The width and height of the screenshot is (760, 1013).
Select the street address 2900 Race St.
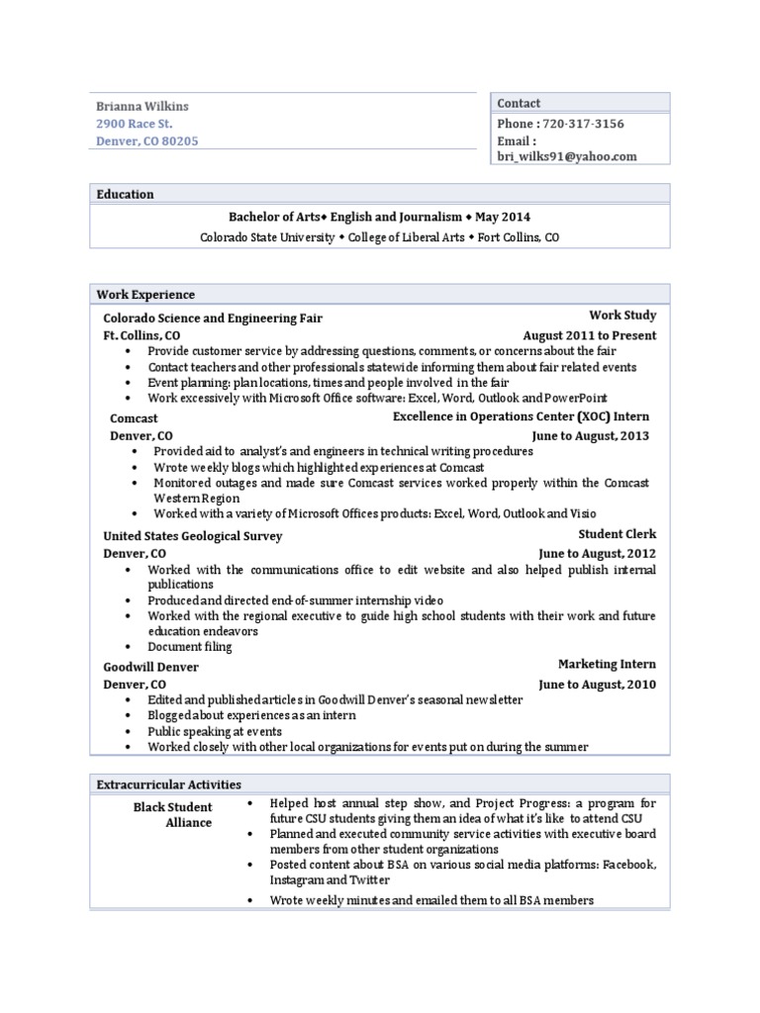pyautogui.click(x=134, y=124)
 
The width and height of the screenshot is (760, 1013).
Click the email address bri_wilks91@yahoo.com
pyautogui.click(x=567, y=156)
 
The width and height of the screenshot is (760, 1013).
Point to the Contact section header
pyautogui.click(x=519, y=103)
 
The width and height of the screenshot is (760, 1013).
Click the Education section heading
pyautogui.click(x=125, y=194)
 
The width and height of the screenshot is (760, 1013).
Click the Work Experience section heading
pyautogui.click(x=145, y=295)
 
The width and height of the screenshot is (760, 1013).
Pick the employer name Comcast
pyautogui.click(x=134, y=418)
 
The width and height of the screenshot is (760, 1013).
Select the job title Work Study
pyautogui.click(x=622, y=316)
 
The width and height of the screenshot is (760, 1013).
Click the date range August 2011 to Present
pyautogui.click(x=589, y=335)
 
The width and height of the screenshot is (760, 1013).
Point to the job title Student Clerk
pyautogui.click(x=617, y=534)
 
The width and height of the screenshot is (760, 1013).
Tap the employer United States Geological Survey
pyautogui.click(x=193, y=536)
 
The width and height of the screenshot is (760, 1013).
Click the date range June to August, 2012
pyautogui.click(x=597, y=554)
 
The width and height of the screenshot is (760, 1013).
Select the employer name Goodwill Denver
pyautogui.click(x=150, y=668)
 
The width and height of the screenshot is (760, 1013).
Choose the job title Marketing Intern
pyautogui.click(x=607, y=664)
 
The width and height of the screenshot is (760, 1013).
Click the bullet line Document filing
pyautogui.click(x=190, y=647)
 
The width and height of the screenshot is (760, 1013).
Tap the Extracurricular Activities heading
pyautogui.click(x=168, y=784)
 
